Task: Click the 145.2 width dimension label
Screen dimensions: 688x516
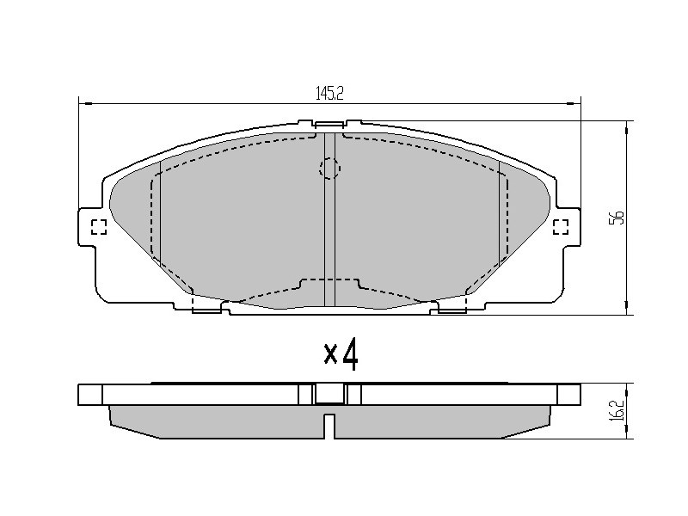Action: (329, 93)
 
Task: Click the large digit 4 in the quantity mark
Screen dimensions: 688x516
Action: (350, 355)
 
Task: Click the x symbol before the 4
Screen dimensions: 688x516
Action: (330, 354)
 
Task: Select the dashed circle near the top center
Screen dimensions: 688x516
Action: (329, 168)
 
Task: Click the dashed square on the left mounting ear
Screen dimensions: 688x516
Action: (99, 227)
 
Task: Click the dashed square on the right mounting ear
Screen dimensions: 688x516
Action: (561, 227)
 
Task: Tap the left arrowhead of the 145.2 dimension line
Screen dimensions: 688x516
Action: (85, 103)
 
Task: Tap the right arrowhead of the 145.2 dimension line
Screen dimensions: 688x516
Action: (574, 103)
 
